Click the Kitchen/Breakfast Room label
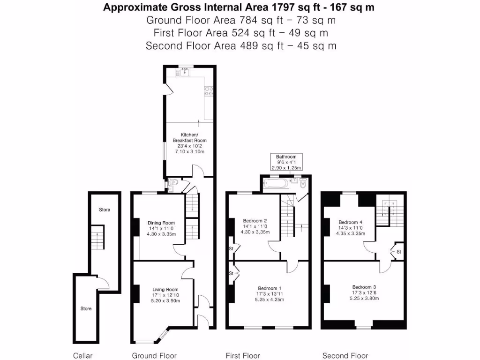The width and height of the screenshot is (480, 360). (x=189, y=137)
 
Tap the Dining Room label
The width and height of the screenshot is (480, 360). (x=161, y=223)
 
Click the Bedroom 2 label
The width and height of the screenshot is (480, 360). (x=255, y=220)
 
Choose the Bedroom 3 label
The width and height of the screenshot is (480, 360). (x=364, y=287)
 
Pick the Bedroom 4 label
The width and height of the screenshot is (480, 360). (x=351, y=222)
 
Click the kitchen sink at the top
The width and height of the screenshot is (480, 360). (x=184, y=73)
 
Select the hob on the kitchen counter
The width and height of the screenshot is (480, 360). (x=209, y=91)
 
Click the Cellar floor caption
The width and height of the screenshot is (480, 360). (x=83, y=356)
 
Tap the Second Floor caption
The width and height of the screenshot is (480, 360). (x=345, y=356)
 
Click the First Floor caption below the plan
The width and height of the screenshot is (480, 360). (x=243, y=356)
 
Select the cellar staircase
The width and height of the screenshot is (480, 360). (x=97, y=238)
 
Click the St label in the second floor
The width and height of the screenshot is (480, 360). (x=399, y=252)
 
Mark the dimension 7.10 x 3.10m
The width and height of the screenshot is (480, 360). (x=189, y=152)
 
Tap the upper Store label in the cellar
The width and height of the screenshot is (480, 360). (x=105, y=210)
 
